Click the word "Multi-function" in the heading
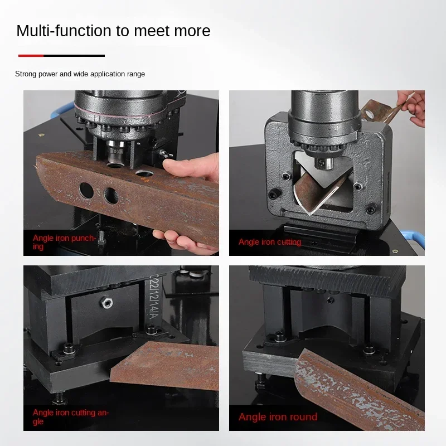point(64,31)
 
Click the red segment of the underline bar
point(31,56)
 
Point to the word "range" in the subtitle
point(135,74)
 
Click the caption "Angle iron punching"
point(64,243)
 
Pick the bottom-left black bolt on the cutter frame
point(273,194)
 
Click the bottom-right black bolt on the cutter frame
point(370,210)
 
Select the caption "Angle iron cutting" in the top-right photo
point(269,242)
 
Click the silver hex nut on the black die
point(104,303)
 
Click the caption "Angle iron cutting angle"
point(70,417)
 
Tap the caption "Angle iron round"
point(278,417)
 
